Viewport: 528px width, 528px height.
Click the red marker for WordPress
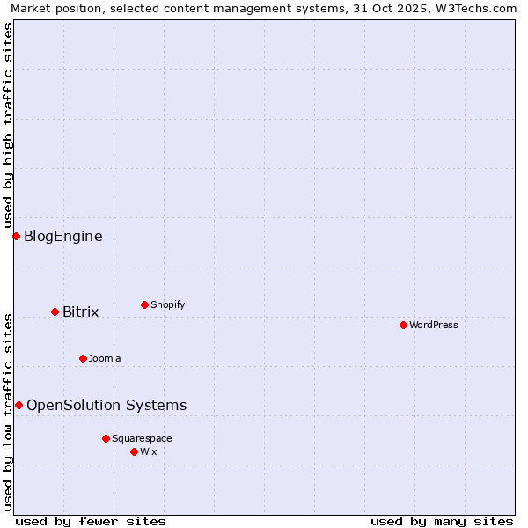(403, 325)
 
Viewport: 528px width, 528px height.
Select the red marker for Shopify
(144, 304)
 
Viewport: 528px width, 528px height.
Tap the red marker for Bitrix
(55, 312)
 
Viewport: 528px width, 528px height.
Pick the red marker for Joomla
(83, 358)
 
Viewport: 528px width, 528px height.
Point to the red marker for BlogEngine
(16, 236)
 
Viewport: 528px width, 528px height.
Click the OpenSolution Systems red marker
(18, 405)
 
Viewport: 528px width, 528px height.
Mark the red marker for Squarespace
(106, 438)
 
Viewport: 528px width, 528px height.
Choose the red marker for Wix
(134, 451)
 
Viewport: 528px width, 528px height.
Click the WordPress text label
(434, 325)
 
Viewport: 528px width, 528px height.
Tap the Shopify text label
(167, 304)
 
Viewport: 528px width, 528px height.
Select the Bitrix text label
(80, 312)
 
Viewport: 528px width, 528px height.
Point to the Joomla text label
(105, 358)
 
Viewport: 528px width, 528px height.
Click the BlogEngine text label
(62, 236)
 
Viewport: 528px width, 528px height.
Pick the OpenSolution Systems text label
(106, 405)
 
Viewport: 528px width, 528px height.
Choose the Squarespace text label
(142, 438)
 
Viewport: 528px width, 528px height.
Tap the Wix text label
(148, 451)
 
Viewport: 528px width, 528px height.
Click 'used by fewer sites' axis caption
(91, 521)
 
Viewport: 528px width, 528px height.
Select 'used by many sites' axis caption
(442, 521)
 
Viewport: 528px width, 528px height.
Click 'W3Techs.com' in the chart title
(480, 9)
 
